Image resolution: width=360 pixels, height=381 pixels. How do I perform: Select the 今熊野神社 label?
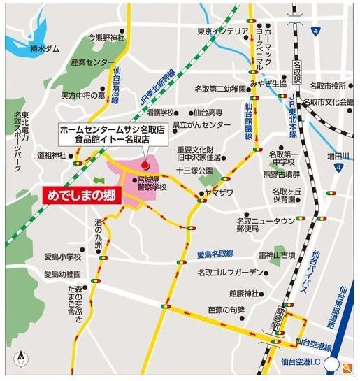[106, 38]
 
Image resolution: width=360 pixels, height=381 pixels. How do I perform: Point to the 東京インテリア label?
[222, 31]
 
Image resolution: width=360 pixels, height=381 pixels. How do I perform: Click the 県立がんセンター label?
[202, 124]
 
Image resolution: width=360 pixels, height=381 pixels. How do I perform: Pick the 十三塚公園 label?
[194, 171]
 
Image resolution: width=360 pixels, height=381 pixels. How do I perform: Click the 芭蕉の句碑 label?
[226, 310]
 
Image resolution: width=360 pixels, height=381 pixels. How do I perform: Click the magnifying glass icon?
[347, 366]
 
